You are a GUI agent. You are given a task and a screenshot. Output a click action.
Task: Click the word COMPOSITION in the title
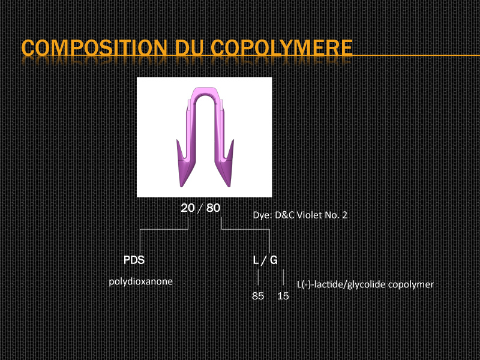click(x=94, y=47)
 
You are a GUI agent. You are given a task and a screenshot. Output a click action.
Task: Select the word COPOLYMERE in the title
click(x=281, y=47)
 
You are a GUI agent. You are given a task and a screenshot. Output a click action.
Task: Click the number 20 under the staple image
click(x=188, y=208)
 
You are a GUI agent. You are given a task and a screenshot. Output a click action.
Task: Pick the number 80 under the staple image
click(x=214, y=208)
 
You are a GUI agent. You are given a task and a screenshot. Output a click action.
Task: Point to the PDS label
click(x=134, y=260)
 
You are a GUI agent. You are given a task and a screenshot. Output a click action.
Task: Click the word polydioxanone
click(x=141, y=281)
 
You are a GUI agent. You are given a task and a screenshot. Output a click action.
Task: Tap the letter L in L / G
click(x=256, y=260)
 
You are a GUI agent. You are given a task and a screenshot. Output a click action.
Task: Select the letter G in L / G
click(x=274, y=260)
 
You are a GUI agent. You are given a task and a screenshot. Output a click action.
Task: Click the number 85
click(x=258, y=296)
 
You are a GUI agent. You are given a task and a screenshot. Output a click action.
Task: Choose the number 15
click(x=283, y=296)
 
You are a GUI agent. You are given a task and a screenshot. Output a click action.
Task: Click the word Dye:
click(x=263, y=215)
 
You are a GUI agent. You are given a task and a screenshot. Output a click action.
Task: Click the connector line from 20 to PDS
click(x=164, y=229)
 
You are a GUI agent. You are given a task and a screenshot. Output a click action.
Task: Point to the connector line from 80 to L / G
click(x=245, y=229)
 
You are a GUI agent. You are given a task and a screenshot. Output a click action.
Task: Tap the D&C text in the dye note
click(x=284, y=215)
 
